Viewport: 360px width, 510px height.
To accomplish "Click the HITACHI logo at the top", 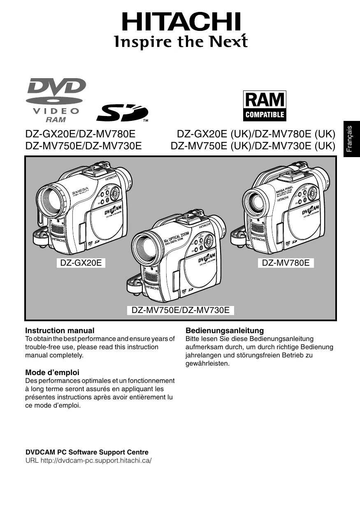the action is click(x=181, y=22).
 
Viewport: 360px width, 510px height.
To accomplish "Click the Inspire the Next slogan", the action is click(x=181, y=42).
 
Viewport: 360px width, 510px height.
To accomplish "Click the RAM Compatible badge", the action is click(x=265, y=105).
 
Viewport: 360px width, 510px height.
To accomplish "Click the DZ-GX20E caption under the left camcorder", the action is click(x=81, y=262).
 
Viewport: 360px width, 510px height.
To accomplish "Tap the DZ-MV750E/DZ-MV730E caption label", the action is click(x=181, y=310).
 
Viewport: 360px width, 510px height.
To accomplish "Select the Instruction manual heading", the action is click(x=60, y=330).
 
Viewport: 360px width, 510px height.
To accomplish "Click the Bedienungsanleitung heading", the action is click(x=225, y=330).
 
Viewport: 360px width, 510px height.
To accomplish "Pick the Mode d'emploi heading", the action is click(x=52, y=373).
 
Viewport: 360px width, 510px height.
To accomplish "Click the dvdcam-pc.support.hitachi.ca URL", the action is click(x=96, y=460).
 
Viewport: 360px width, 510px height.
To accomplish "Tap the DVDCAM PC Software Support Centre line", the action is click(x=87, y=452).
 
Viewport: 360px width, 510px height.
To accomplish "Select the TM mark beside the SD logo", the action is click(x=145, y=121).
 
